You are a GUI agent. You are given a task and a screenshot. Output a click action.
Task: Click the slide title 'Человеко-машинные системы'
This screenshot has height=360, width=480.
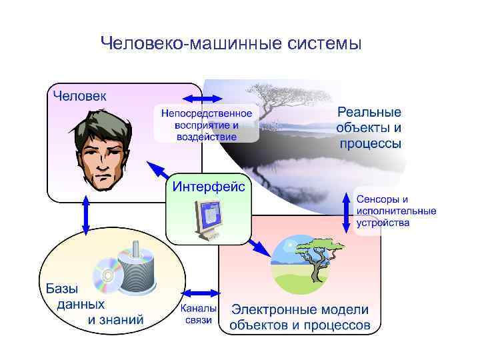click(231, 44)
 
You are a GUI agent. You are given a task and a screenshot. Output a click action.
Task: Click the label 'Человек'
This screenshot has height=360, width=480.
click(79, 95)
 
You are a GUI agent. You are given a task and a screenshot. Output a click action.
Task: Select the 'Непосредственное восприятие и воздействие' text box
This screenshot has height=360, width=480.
click(205, 124)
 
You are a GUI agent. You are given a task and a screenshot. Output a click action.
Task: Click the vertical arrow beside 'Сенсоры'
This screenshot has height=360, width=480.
click(346, 212)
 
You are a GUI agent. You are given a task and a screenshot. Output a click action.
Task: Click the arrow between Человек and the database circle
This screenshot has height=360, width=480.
click(85, 213)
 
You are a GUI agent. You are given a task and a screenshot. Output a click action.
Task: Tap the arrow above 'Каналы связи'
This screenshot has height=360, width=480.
click(197, 293)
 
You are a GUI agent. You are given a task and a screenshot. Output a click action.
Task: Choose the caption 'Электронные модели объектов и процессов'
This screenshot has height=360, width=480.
click(299, 317)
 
